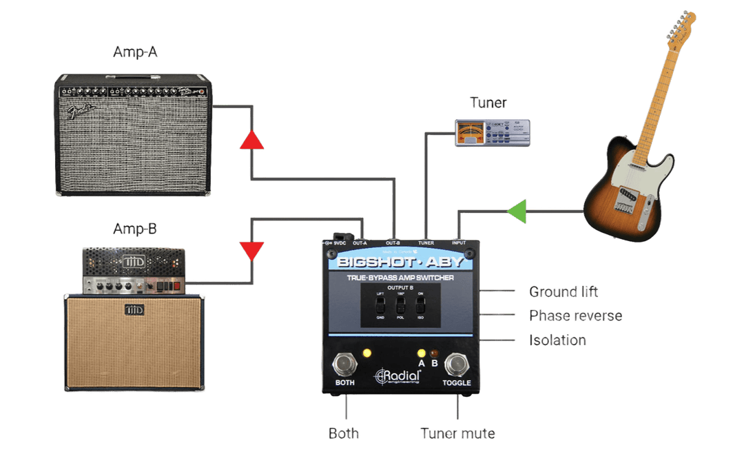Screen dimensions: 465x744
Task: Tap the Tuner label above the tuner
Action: [x=488, y=103]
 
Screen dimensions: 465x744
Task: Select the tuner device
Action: [x=492, y=132]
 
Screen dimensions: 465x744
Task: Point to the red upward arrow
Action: [x=251, y=140]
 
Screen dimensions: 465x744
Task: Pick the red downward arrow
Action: [x=251, y=251]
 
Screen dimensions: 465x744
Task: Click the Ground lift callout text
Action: [x=564, y=291]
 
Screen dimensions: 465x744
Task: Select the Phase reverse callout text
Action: [x=575, y=316]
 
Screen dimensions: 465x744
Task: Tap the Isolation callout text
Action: [x=557, y=340]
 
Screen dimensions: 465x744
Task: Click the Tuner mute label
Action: [x=457, y=434]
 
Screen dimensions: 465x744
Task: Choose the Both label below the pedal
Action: [x=343, y=434]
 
